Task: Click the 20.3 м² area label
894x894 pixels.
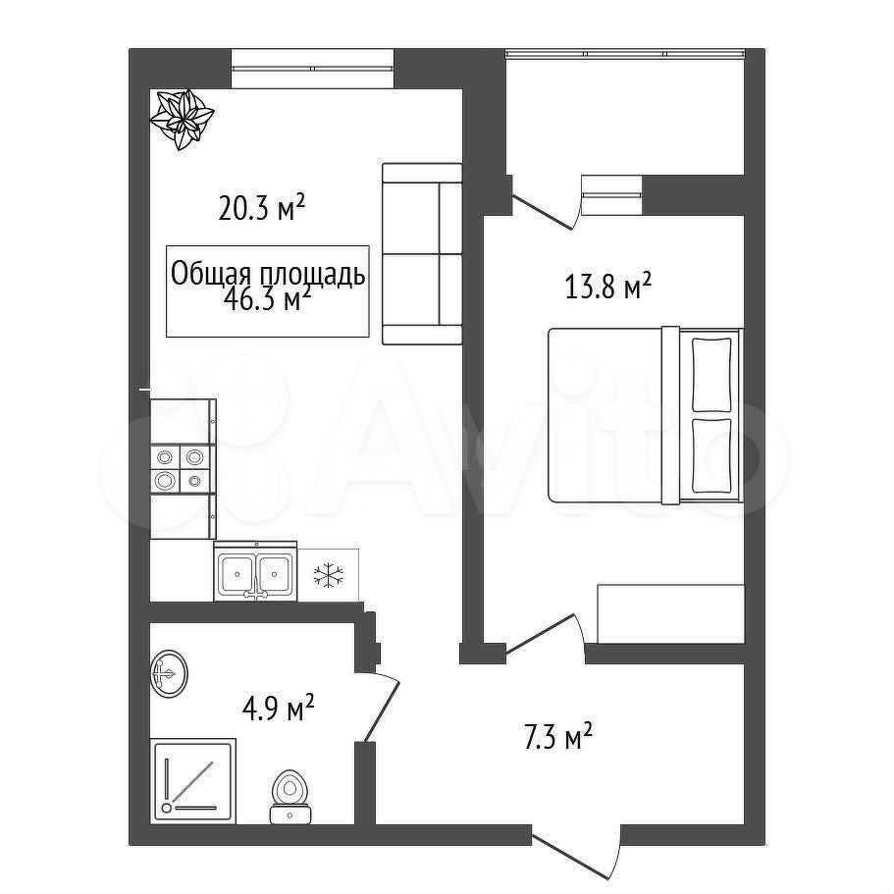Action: [262, 207]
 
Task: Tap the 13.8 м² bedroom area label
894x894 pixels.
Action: [607, 286]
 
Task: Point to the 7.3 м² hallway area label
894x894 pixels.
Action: [557, 737]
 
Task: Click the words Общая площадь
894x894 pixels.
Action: [268, 274]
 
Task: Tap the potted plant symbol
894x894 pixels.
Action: [182, 119]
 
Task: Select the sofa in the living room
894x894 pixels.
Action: [422, 254]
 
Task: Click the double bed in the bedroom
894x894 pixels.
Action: [646, 416]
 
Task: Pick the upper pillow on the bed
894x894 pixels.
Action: [711, 374]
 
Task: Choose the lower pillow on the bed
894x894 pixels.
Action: [711, 456]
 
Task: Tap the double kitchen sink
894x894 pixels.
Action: [255, 571]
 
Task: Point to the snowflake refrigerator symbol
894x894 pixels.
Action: [329, 575]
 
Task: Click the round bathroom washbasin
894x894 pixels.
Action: [170, 674]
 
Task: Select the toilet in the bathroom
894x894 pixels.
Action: [289, 797]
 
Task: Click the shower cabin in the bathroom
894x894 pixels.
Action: [192, 780]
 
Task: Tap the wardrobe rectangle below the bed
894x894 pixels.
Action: [670, 613]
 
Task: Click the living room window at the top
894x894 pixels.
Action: [312, 69]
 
